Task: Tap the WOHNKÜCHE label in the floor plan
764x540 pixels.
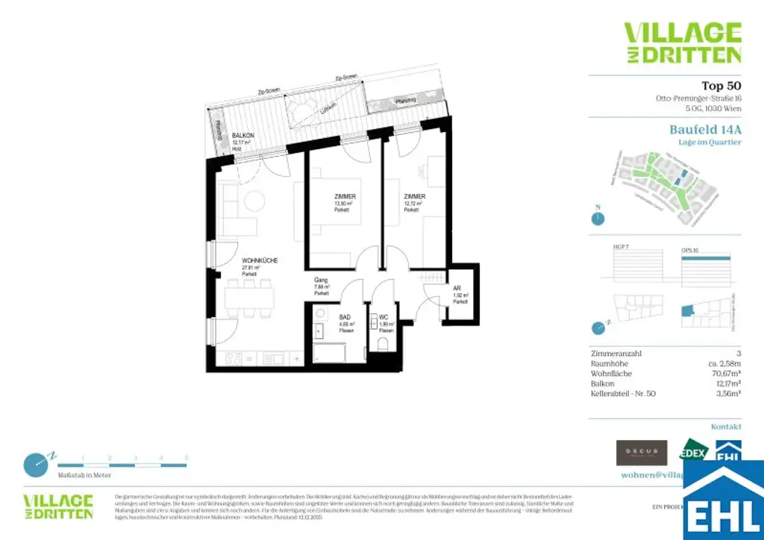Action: (260, 260)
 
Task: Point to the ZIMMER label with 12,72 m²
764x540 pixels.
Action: (414, 197)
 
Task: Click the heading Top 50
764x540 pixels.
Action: (721, 86)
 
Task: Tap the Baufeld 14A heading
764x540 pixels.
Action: (705, 129)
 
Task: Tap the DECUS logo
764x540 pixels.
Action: (641, 452)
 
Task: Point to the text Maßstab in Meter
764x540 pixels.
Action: (84, 474)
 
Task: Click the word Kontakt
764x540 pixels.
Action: (725, 427)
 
